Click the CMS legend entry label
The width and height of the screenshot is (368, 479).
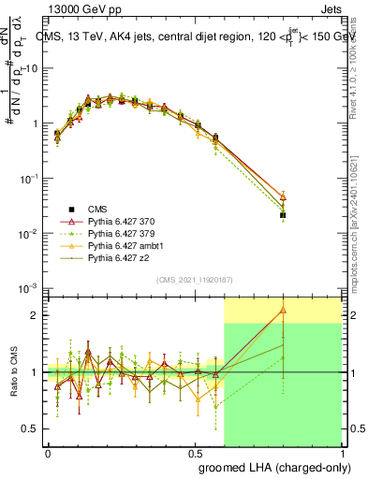click(x=97, y=209)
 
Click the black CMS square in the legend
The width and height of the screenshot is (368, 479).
click(x=71, y=209)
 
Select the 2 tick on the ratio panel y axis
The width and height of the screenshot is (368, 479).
click(x=33, y=315)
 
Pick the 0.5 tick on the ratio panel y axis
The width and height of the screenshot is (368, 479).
click(x=29, y=428)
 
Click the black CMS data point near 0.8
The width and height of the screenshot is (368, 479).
click(x=283, y=215)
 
